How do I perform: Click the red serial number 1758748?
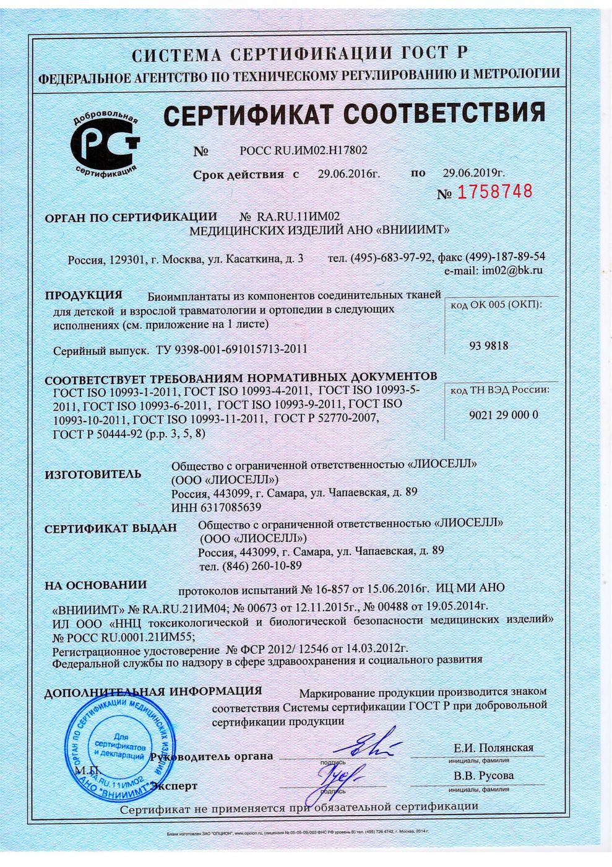(494, 192)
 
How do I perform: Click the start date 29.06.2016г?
(348, 174)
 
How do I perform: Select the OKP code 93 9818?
(489, 346)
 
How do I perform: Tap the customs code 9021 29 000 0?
(499, 415)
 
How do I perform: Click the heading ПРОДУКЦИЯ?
(84, 294)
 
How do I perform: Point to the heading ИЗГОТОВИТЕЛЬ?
(93, 475)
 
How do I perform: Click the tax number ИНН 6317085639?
(215, 507)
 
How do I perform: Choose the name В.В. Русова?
(483, 776)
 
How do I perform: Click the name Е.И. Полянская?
(493, 747)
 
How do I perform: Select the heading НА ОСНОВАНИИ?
(96, 585)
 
